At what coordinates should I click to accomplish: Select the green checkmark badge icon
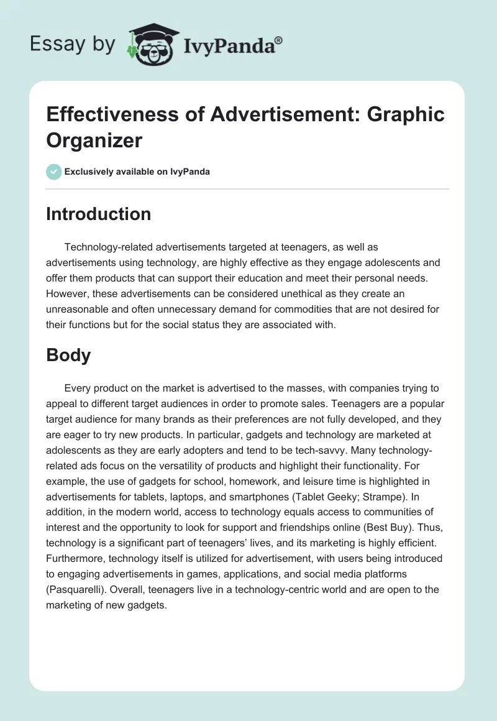(x=54, y=172)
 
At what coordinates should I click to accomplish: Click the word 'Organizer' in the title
(x=94, y=140)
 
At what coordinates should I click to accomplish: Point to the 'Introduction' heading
(x=98, y=214)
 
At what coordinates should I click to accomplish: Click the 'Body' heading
(x=68, y=355)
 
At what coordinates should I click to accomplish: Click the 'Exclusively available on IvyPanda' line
(x=137, y=172)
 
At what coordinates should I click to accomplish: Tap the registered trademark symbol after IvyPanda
(x=279, y=40)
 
